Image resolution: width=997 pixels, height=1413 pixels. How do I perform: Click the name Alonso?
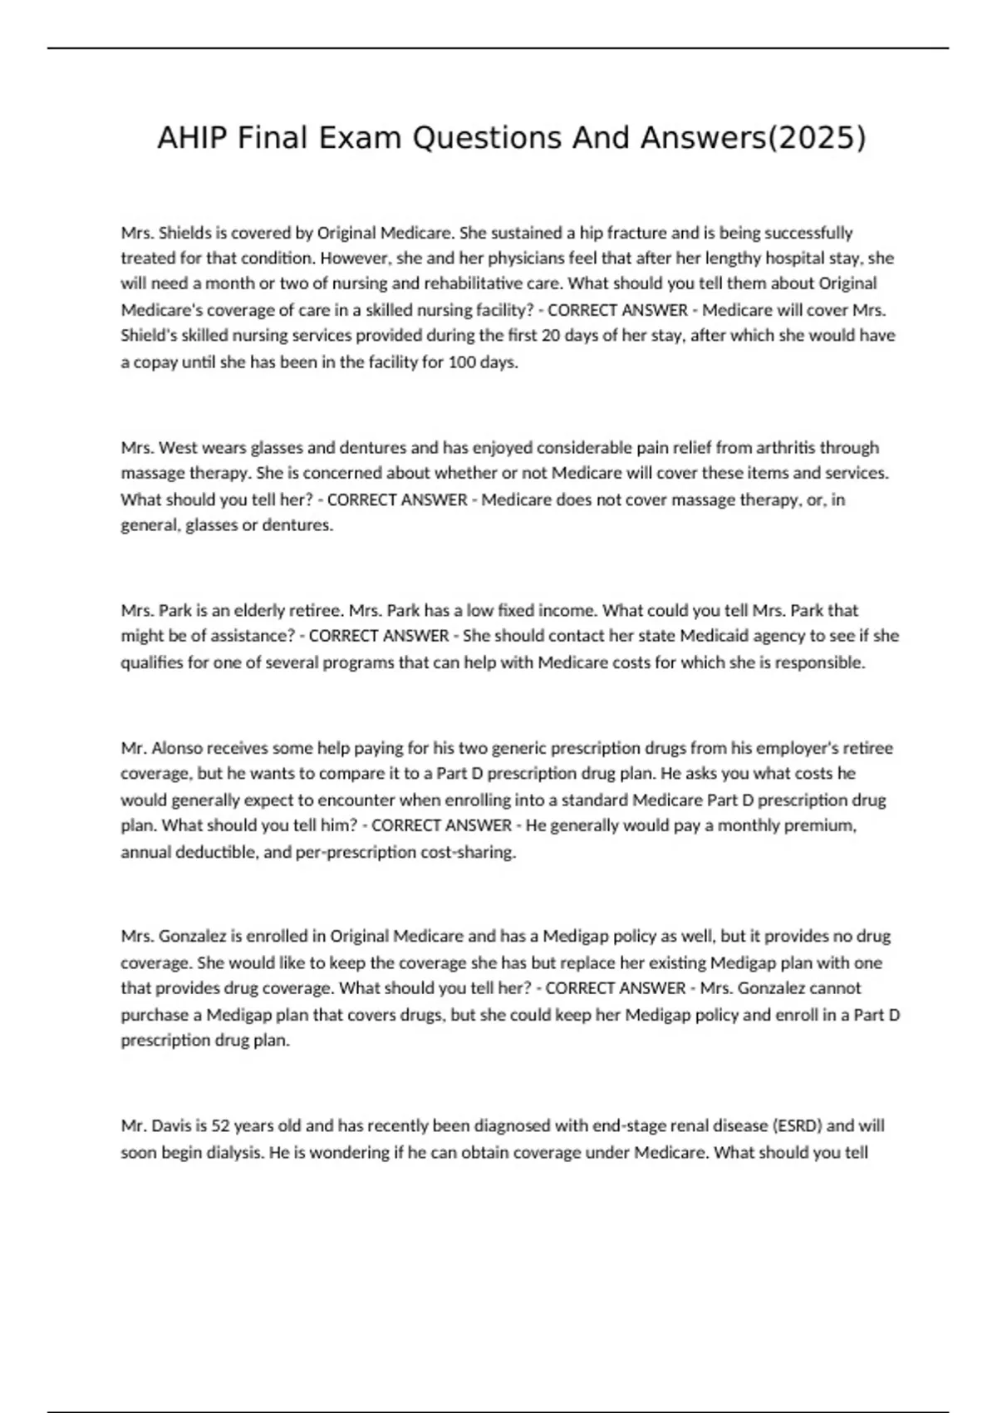point(178,748)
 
